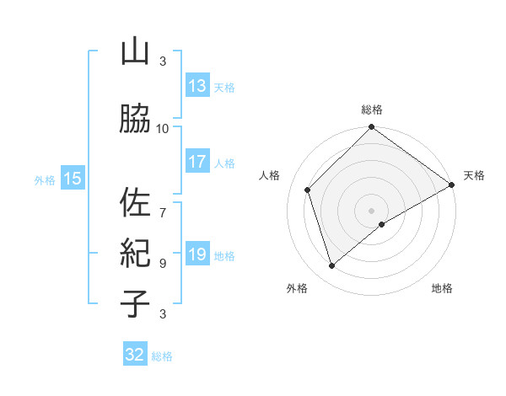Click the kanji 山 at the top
click(x=134, y=53)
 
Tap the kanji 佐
click(x=134, y=202)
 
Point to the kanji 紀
click(x=134, y=253)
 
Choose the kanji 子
click(x=134, y=302)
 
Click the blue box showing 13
click(x=196, y=86)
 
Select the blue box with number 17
click(x=196, y=162)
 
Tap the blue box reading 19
click(x=196, y=255)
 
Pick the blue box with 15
click(x=72, y=179)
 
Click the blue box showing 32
click(x=135, y=355)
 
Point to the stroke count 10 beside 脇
click(x=163, y=128)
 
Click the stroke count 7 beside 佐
click(x=163, y=204)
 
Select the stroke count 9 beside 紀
click(x=163, y=263)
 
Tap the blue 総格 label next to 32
click(x=162, y=356)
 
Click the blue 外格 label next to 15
click(x=44, y=179)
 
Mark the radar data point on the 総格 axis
click(x=371, y=128)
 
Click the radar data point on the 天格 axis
click(x=451, y=185)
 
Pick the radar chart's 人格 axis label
click(x=270, y=175)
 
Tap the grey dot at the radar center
click(x=371, y=210)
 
